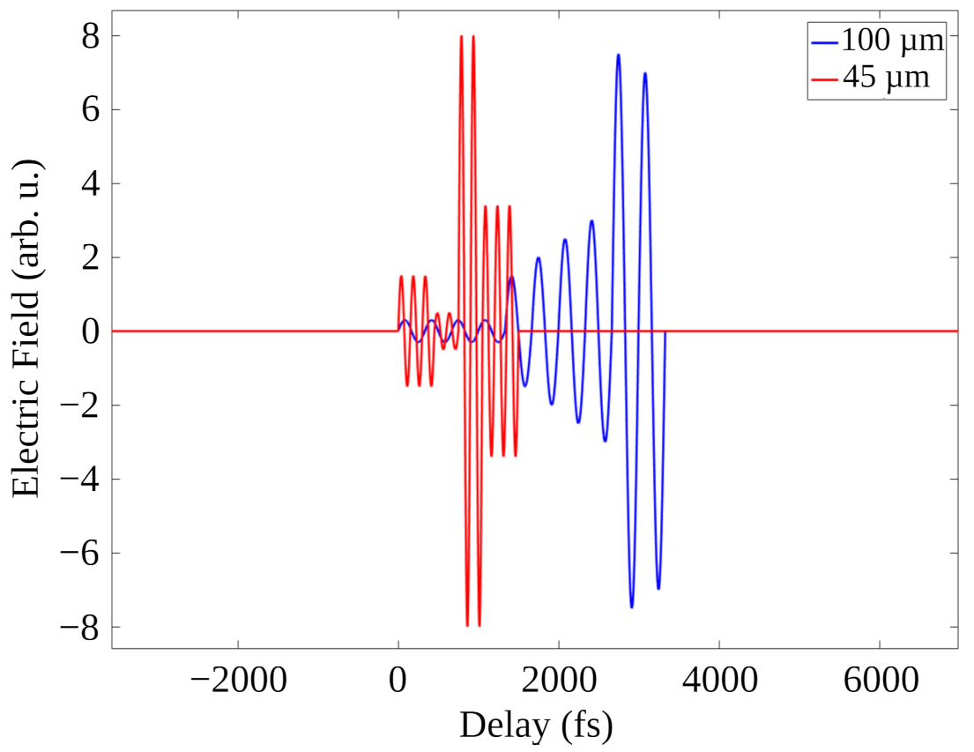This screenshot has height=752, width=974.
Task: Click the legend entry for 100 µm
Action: click(891, 41)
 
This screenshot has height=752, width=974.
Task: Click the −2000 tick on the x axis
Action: click(237, 680)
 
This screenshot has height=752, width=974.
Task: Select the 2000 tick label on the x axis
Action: click(559, 680)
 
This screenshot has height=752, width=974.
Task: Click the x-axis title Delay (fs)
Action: click(535, 726)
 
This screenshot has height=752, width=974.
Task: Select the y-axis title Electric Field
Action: click(26, 331)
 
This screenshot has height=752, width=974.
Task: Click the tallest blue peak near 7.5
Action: click(618, 56)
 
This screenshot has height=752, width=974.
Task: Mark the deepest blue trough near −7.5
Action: click(632, 607)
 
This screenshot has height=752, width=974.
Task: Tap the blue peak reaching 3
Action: click(591, 221)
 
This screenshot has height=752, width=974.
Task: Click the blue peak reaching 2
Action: click(538, 258)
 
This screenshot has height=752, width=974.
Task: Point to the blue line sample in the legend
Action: click(823, 41)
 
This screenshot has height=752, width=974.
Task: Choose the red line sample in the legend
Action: click(823, 78)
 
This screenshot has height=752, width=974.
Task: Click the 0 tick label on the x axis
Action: click(398, 680)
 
